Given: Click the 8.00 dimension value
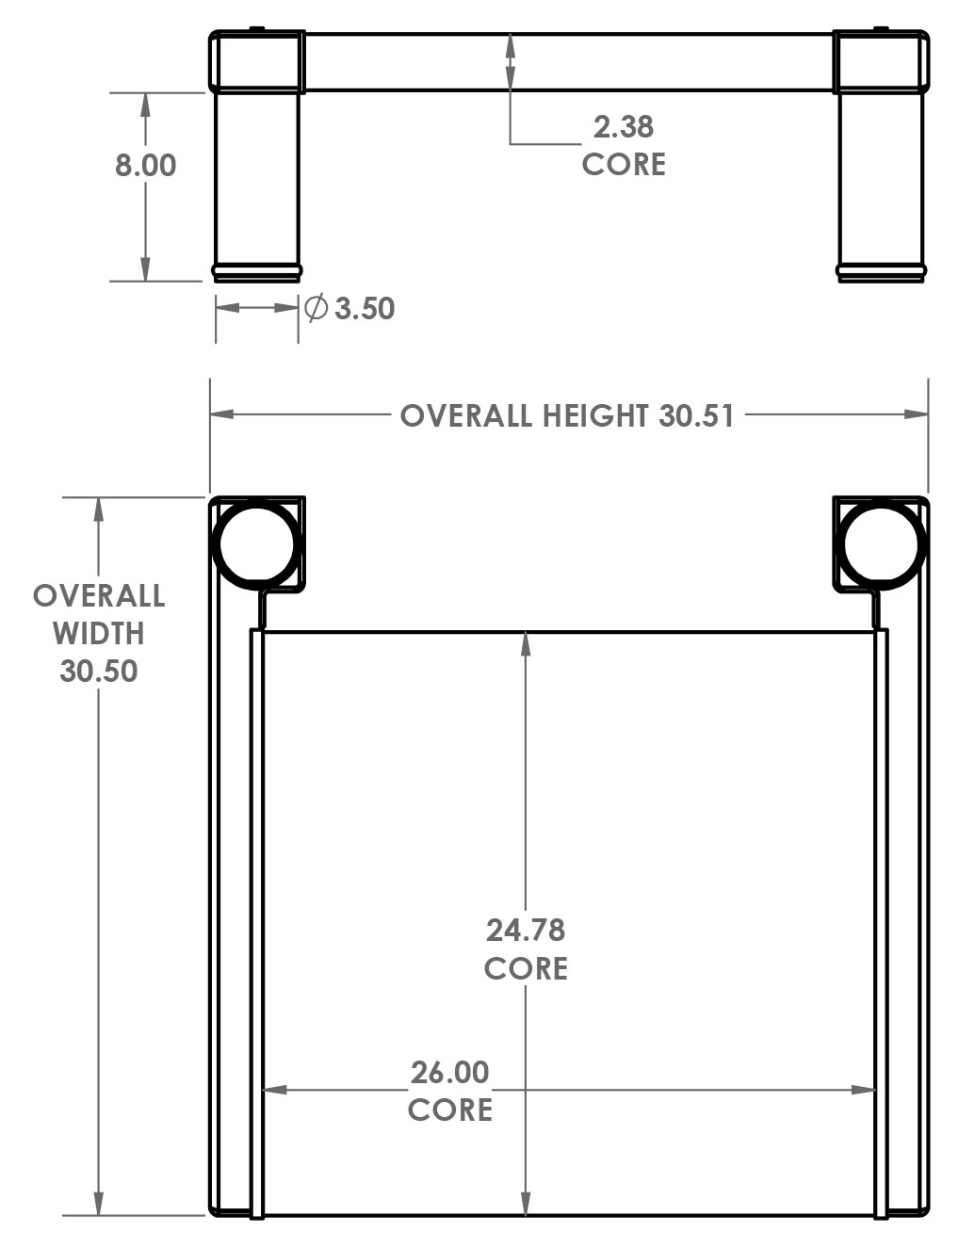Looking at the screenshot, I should tap(145, 166).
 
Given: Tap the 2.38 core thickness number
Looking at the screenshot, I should tap(623, 126).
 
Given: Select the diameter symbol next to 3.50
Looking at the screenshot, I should tap(316, 308).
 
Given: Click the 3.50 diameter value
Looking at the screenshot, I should tap(365, 309).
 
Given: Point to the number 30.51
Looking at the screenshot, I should tap(696, 415).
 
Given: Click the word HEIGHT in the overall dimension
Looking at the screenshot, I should tap(594, 415).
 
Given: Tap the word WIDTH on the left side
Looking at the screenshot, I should tap(99, 633).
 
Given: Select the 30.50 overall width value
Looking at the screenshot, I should tap(99, 671).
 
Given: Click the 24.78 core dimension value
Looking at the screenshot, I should tap(526, 930).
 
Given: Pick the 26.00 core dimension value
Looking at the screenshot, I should tap(450, 1072).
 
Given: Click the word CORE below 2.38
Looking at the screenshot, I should tap(624, 164).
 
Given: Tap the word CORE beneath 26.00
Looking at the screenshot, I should tap(450, 1110).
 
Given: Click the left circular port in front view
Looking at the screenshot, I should tap(255, 543).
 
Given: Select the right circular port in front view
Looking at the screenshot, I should tap(883, 543).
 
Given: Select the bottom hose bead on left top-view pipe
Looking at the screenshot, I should tap(256, 272).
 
